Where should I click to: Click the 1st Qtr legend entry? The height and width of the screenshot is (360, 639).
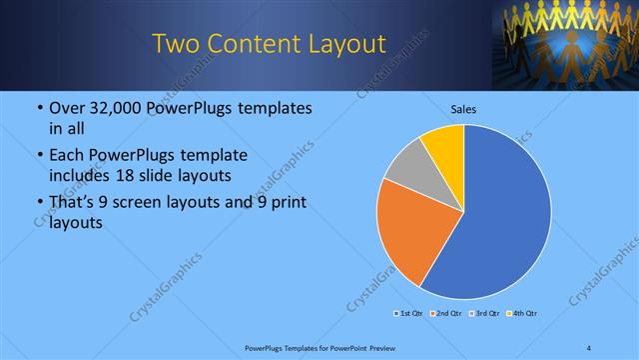pyautogui.click(x=408, y=314)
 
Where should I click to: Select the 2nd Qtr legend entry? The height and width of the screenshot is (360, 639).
pyautogui.click(x=443, y=314)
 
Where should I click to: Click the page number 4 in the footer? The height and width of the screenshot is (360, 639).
pyautogui.click(x=589, y=348)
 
